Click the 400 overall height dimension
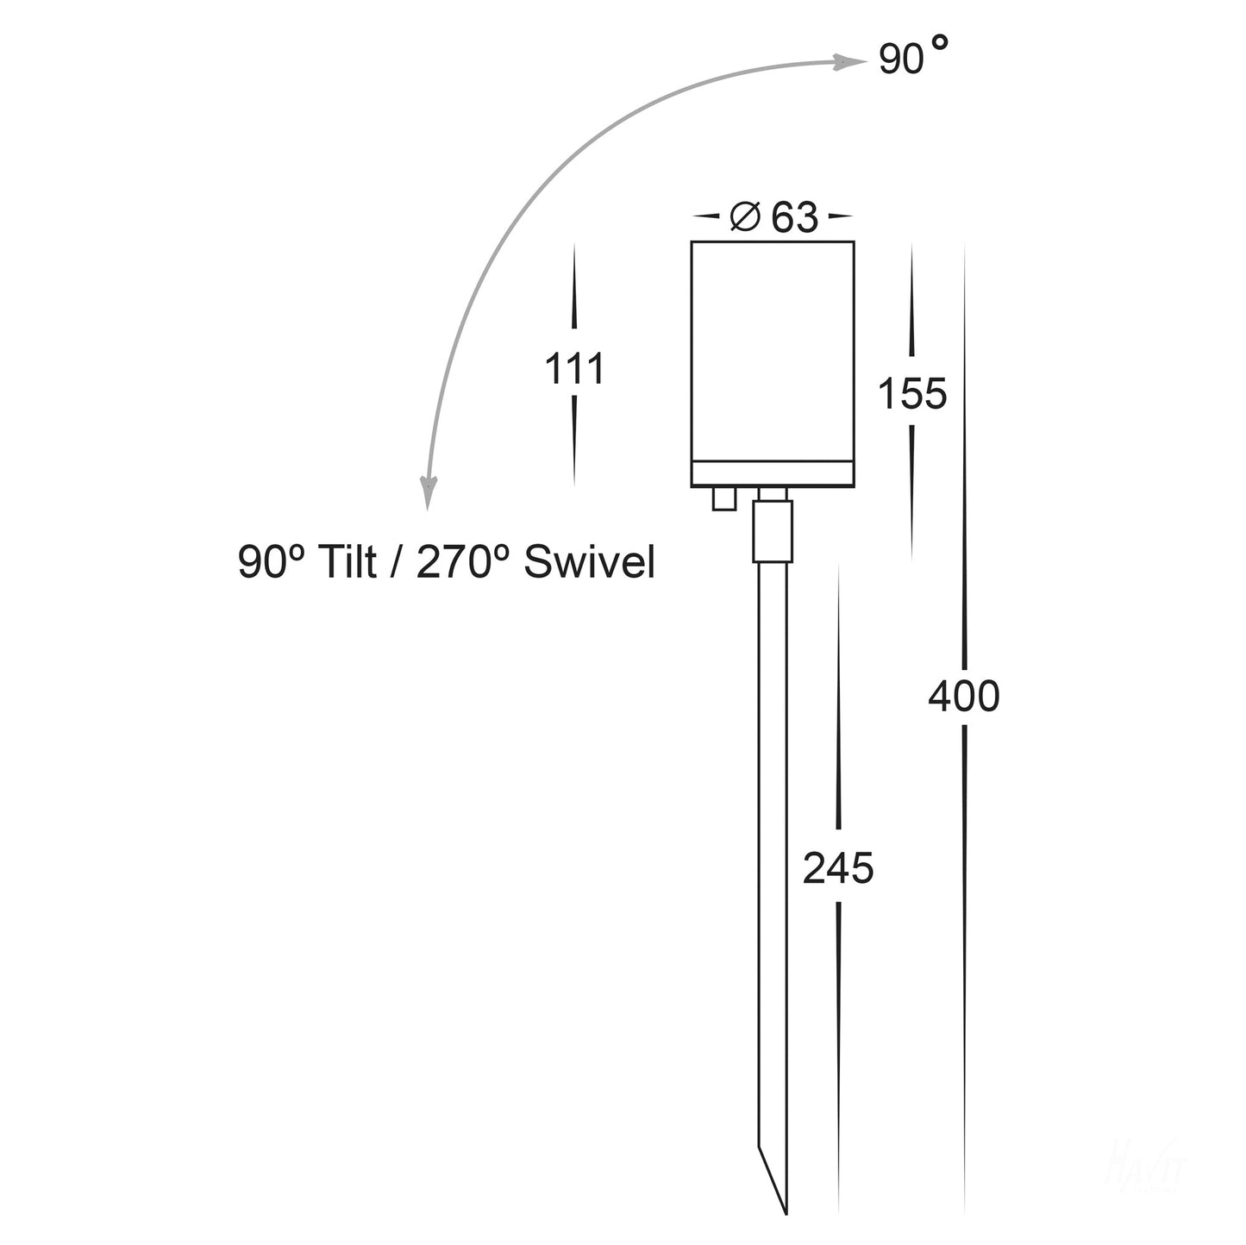click(x=963, y=697)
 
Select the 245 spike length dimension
click(x=838, y=868)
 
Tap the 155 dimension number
click(x=912, y=394)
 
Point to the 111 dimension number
click(x=574, y=370)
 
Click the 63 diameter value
click(x=794, y=217)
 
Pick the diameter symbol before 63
click(x=745, y=216)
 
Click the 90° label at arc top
click(x=913, y=58)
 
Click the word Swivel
click(x=589, y=563)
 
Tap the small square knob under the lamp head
click(x=723, y=498)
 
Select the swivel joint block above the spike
click(x=772, y=531)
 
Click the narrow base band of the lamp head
click(x=773, y=473)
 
